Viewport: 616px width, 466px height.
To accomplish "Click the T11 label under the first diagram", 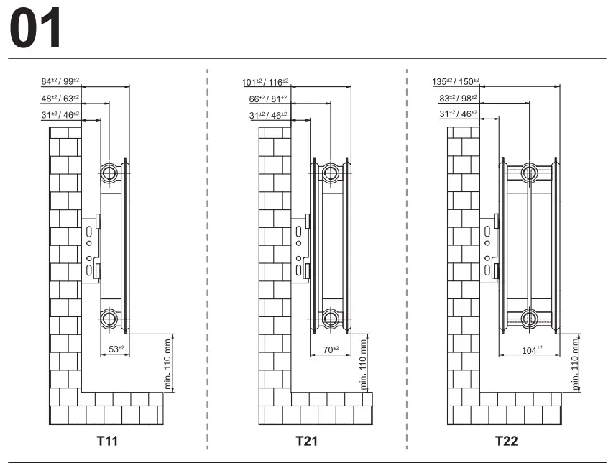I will point(108,440).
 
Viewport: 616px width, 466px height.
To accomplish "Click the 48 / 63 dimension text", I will point(60,99).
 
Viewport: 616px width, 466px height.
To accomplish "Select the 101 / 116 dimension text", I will point(265,82).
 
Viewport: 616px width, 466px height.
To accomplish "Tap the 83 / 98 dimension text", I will point(458,99).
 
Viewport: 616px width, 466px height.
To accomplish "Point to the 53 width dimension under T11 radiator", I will point(116,349).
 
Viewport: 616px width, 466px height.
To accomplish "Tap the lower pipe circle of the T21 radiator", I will point(331,318).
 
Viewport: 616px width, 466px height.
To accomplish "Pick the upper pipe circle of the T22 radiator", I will point(530,172).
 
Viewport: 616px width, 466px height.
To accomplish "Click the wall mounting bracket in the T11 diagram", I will point(91,250).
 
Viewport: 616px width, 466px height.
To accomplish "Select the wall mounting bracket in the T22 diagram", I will point(489,250).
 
